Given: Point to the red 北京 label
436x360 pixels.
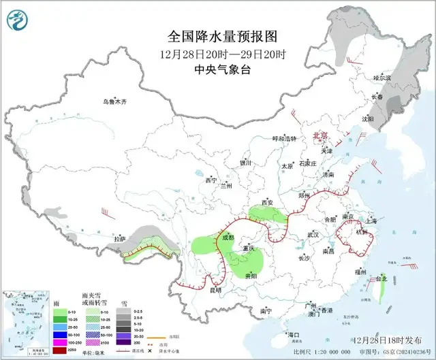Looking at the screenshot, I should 320,136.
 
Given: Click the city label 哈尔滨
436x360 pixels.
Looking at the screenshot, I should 384,79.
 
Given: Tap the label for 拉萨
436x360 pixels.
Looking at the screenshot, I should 120,239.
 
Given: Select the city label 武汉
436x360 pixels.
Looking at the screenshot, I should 313,234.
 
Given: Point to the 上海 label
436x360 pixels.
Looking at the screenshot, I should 371,221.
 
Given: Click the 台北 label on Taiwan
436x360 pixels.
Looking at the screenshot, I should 381,278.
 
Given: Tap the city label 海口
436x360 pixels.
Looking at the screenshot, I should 293,335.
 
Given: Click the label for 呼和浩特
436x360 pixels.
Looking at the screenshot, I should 284,138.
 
